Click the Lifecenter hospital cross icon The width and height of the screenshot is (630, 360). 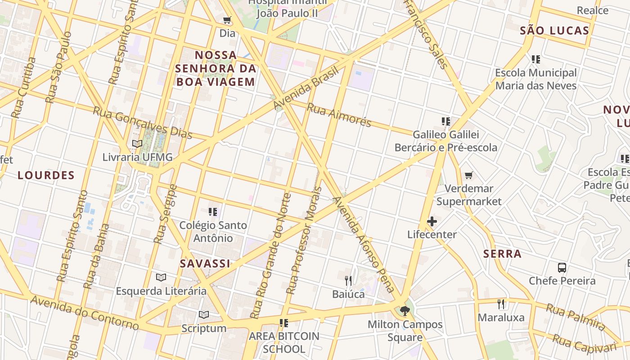(x=432, y=221)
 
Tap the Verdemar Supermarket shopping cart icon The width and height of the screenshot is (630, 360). (x=469, y=175)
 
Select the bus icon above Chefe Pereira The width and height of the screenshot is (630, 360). (x=562, y=268)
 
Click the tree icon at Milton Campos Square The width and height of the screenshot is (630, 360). (x=405, y=311)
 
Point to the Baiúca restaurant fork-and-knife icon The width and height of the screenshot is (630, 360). (x=348, y=281)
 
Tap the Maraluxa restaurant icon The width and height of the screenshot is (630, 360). (x=501, y=304)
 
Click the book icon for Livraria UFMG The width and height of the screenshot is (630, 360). (x=137, y=144)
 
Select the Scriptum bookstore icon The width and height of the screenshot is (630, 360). (x=204, y=315)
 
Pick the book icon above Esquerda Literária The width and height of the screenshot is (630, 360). (x=161, y=278)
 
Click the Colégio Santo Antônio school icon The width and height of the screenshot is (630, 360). (x=213, y=211)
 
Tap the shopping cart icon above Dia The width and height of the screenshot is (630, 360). (x=227, y=20)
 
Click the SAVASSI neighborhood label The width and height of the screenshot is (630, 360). (x=205, y=264)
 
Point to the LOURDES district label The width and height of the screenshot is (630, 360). (x=46, y=175)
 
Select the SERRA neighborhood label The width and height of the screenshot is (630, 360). (x=502, y=254)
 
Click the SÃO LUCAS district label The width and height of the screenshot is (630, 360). (x=554, y=31)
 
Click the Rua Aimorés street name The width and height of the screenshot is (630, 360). (x=339, y=115)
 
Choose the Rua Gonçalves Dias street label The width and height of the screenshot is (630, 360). (x=143, y=123)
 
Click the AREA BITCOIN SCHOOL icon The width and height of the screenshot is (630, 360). (x=284, y=323)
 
